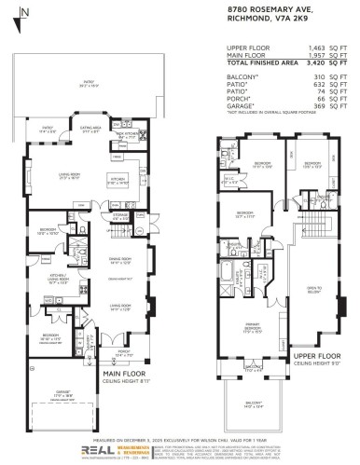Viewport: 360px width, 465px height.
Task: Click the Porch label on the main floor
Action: coord(124,355)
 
